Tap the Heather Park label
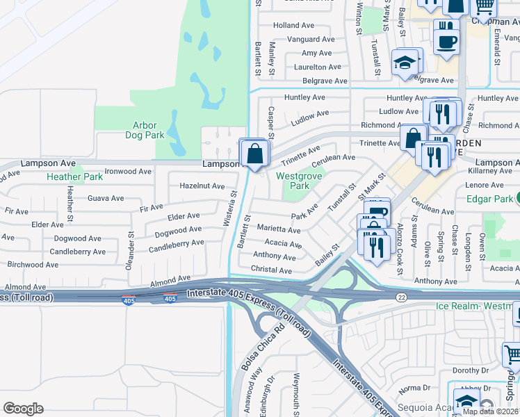[74, 177]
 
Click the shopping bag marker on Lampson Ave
[255, 154]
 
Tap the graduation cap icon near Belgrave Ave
[405, 63]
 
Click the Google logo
[24, 408]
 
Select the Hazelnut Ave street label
[202, 186]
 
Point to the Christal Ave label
[272, 270]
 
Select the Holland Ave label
[294, 26]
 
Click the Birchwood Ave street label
[33, 265]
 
